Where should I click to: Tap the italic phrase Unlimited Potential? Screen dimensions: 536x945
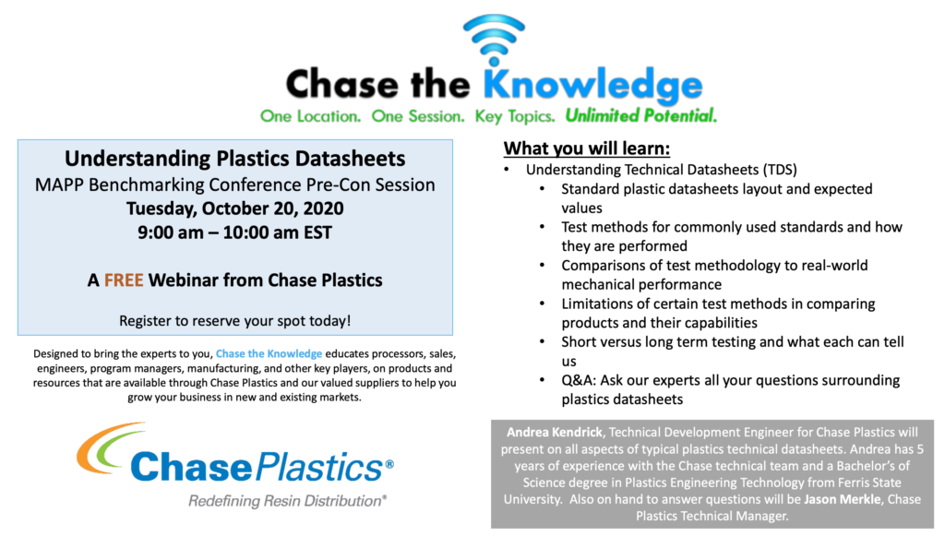pyautogui.click(x=640, y=117)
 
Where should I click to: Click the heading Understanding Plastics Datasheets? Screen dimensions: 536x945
pyautogui.click(x=234, y=158)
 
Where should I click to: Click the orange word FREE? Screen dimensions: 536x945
pyautogui.click(x=124, y=280)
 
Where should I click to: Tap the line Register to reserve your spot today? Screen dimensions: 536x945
pyautogui.click(x=234, y=321)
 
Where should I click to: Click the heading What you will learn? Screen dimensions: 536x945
pyautogui.click(x=586, y=149)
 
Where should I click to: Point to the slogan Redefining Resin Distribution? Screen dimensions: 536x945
pyautogui.click(x=287, y=501)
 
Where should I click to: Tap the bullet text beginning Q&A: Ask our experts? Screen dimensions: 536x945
pyautogui.click(x=729, y=380)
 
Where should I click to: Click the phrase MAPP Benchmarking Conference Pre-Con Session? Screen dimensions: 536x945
pyautogui.click(x=234, y=184)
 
